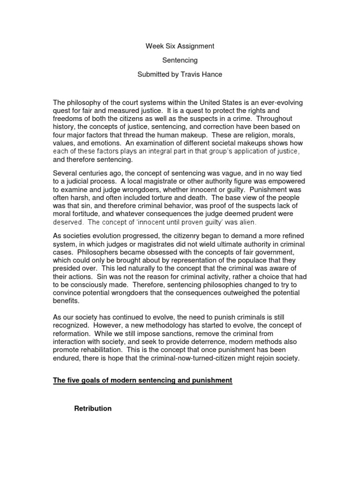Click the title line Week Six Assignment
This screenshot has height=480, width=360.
pos(180,46)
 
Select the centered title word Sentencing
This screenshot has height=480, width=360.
pos(180,60)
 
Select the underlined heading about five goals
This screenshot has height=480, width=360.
pos(142,380)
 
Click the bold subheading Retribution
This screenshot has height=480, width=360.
pos(93,408)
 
